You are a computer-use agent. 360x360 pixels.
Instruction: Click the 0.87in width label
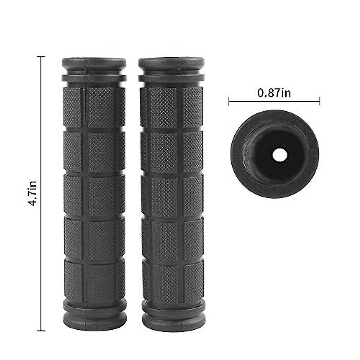click(274, 93)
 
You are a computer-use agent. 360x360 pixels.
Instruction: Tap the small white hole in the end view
click(275, 155)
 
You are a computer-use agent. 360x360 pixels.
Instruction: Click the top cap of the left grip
click(94, 63)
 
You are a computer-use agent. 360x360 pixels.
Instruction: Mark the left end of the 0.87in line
click(229, 101)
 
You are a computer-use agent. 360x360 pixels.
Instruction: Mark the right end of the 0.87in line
click(319, 101)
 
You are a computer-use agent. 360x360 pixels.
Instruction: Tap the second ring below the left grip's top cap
click(94, 78)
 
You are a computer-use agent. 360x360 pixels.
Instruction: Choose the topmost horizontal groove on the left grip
click(94, 130)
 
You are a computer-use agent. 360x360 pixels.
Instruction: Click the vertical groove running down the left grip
click(84, 195)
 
